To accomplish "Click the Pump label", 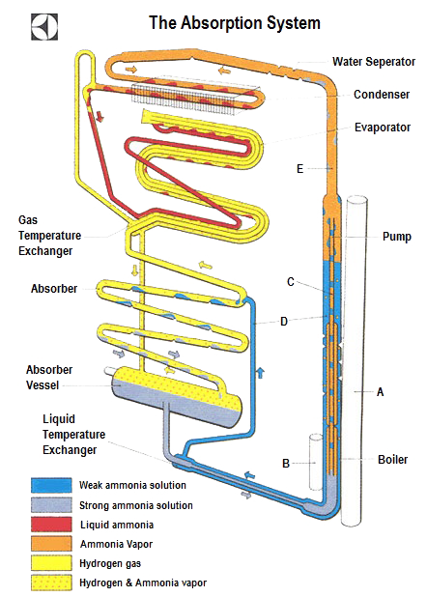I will (x=396, y=235).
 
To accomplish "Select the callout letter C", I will (x=290, y=281).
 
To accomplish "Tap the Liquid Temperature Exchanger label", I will (x=71, y=434).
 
